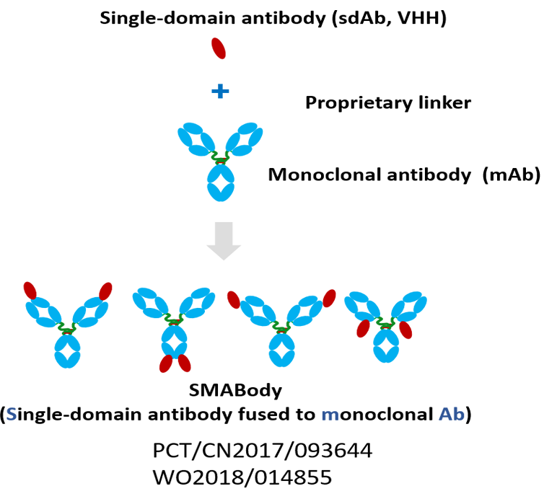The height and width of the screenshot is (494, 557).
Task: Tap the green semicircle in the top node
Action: click(x=219, y=157)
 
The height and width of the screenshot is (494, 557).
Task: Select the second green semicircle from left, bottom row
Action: click(x=173, y=319)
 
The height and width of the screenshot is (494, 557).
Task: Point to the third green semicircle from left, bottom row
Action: click(x=281, y=327)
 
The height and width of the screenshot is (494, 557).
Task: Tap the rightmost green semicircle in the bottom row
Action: click(x=384, y=322)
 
